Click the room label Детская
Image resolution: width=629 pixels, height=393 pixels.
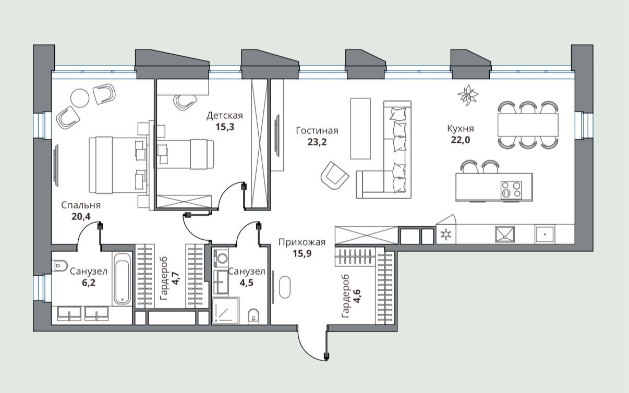225,115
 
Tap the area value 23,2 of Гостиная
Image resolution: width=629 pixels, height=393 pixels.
317,142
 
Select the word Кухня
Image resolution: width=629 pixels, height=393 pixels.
461,129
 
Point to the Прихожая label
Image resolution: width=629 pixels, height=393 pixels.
302,242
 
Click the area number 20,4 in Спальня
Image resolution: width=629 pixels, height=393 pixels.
81,216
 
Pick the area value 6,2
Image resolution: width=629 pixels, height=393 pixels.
89,283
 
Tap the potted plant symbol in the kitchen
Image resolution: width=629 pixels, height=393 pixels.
468,95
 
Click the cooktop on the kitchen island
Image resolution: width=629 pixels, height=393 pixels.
511,190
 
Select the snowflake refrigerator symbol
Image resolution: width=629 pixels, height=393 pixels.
445,235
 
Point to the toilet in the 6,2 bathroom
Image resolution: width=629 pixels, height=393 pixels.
59,265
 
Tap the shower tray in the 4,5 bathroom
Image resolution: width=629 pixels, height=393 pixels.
225,311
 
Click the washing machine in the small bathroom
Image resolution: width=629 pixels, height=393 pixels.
221,257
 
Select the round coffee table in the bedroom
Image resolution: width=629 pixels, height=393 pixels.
80,98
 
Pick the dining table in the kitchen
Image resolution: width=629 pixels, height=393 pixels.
528,125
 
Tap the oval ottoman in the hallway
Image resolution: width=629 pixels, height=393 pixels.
285,287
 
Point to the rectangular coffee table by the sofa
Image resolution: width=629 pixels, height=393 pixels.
360,129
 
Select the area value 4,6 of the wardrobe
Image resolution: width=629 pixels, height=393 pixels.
357,297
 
